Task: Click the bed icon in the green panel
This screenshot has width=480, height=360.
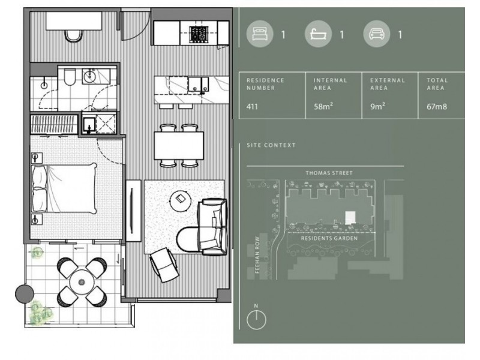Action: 260,34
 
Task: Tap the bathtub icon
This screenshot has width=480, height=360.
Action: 318,34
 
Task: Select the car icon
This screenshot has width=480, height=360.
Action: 377,34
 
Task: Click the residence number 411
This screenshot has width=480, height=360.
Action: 252,107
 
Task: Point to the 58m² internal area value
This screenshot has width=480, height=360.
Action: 323,106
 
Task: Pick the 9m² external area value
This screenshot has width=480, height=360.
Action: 377,106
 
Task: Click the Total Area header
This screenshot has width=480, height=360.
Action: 437,84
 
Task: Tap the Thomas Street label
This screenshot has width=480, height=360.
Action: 329,173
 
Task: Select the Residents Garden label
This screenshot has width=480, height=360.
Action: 329,238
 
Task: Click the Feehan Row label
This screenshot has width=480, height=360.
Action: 257,254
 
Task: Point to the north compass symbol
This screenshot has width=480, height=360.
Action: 256,320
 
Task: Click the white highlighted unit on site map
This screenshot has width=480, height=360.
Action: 350,218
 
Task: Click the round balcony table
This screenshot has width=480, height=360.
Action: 82,282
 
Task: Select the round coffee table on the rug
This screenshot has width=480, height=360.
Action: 181,201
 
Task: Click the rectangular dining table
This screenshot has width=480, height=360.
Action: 179,145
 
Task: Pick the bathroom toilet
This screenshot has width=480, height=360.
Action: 70,78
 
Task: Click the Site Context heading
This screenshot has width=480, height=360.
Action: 271,145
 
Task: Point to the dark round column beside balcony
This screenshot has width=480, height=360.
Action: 25,294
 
